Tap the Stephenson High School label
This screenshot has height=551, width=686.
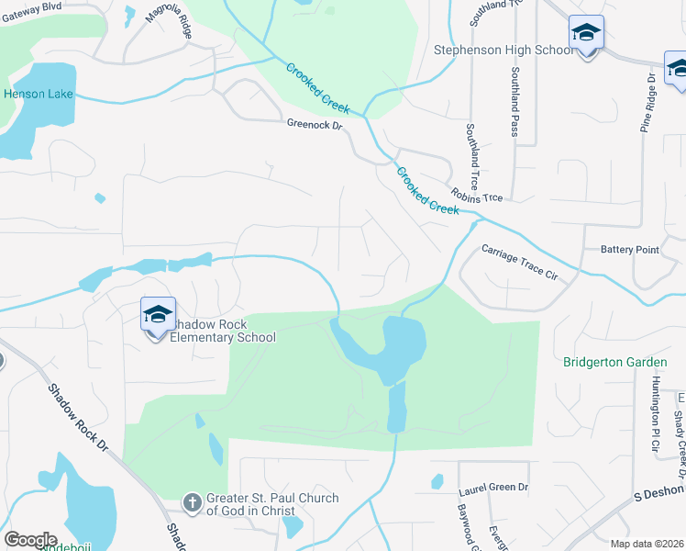503,50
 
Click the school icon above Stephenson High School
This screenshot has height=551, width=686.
586,33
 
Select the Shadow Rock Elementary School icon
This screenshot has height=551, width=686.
158,315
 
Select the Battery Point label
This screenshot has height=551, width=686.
629,249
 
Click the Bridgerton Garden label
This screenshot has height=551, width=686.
608,362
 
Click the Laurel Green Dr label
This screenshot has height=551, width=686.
494,487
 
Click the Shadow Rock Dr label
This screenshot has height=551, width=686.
79,414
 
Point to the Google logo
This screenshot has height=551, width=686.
30,540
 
